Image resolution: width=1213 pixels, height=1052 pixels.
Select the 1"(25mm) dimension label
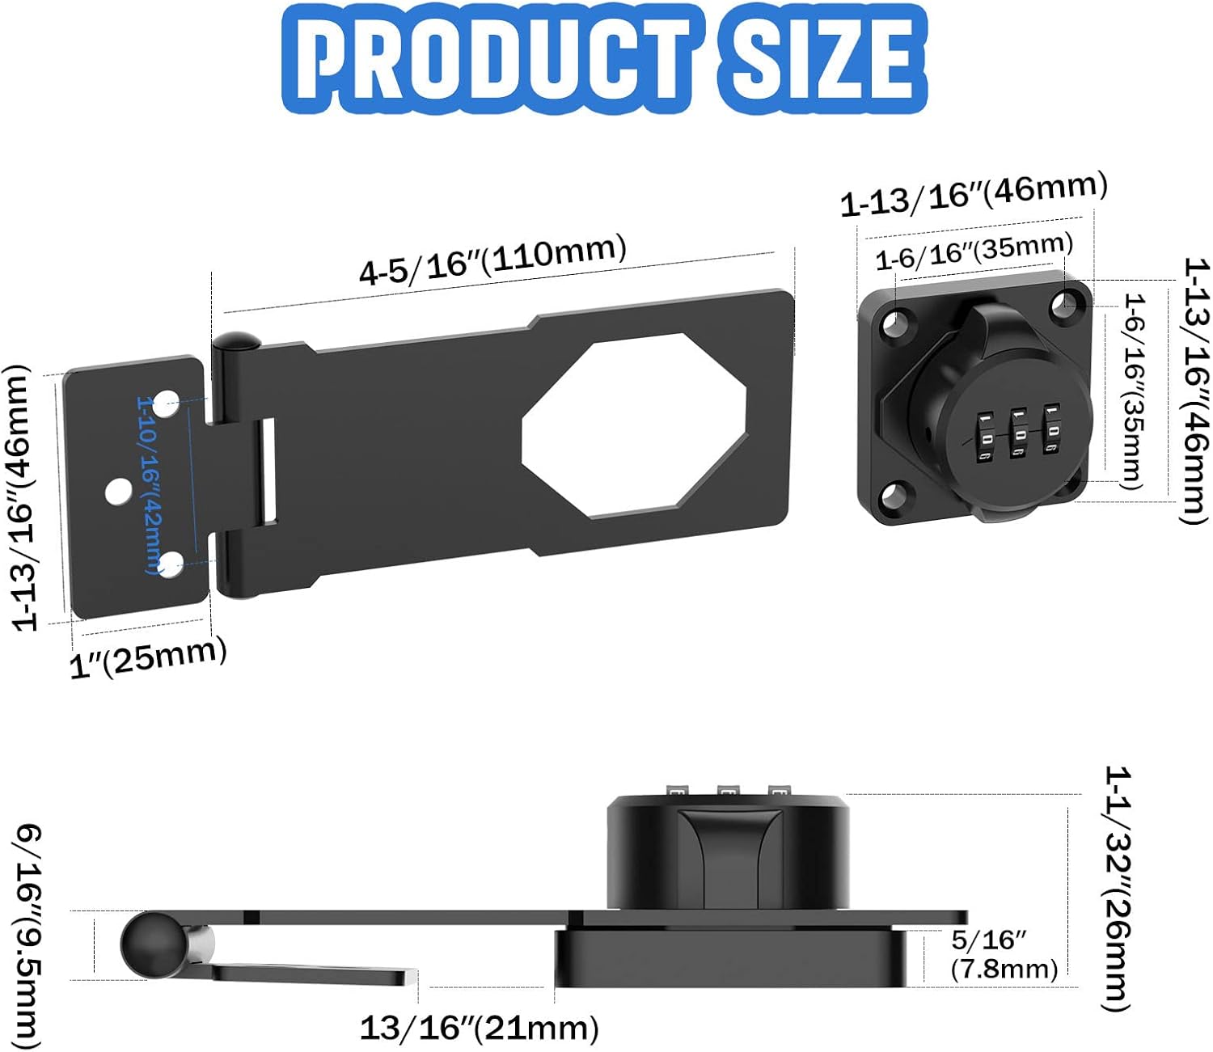click(148, 657)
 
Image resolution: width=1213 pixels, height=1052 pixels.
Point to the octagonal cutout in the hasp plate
click(633, 426)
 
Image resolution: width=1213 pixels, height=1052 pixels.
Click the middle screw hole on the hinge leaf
click(119, 491)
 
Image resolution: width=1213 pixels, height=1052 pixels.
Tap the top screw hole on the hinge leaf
click(166, 403)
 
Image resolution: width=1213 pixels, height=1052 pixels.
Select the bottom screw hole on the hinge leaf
click(171, 564)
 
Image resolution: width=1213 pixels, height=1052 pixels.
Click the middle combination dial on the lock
click(1019, 434)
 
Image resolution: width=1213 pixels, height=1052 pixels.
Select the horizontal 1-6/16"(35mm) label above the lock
click(974, 251)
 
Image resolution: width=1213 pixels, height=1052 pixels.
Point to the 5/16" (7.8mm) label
click(1003, 954)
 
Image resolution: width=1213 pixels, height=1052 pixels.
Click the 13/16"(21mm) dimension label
click(480, 1028)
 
